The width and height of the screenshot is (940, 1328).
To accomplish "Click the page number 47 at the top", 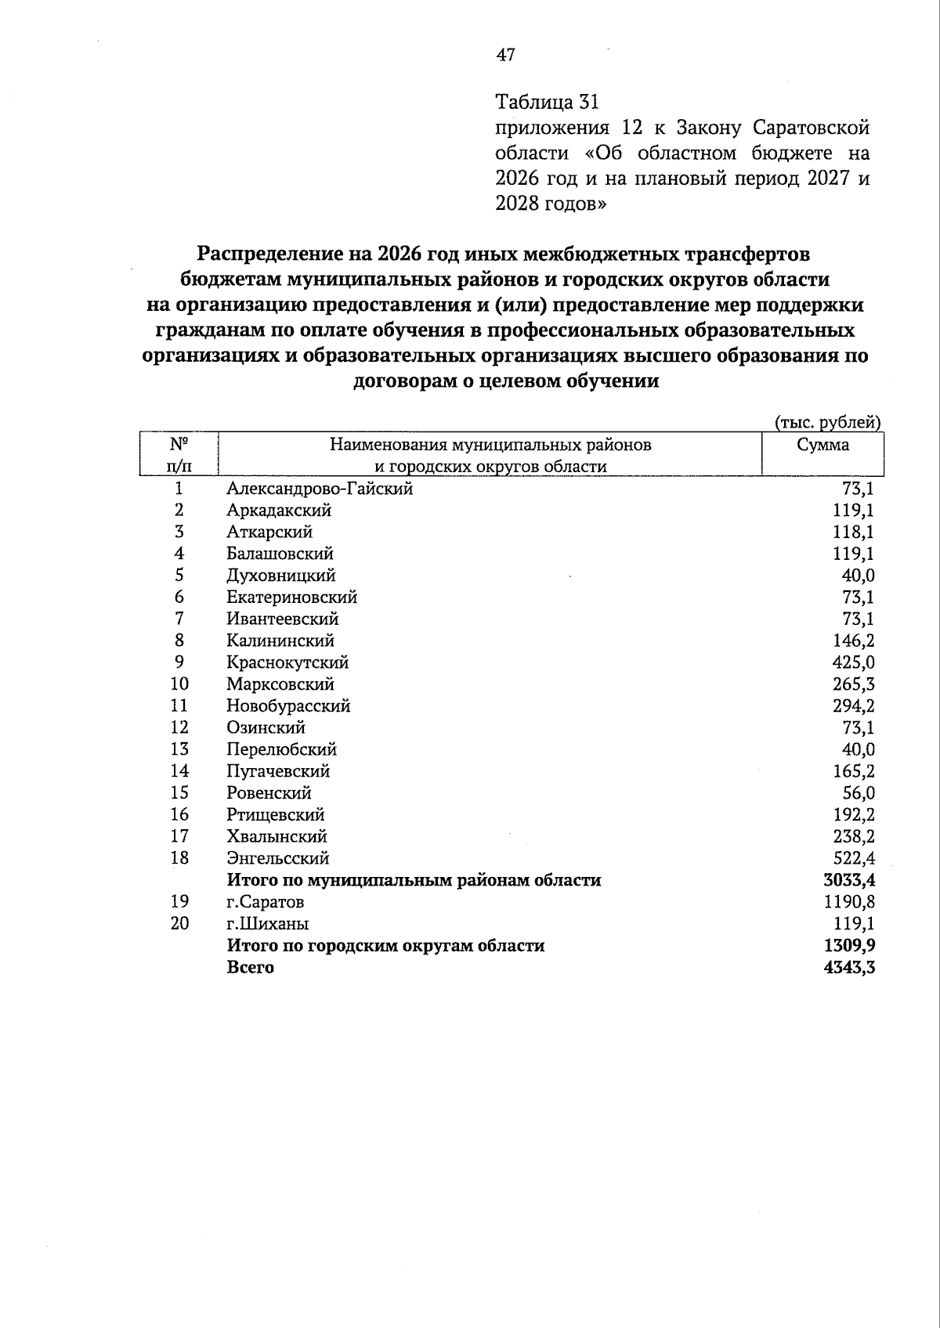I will click(x=506, y=55).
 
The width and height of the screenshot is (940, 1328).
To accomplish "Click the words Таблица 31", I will click(x=547, y=102).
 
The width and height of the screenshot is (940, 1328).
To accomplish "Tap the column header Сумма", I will click(x=822, y=445).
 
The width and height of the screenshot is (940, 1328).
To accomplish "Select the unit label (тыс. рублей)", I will click(x=828, y=423).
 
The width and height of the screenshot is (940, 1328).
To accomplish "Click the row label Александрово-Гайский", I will click(x=320, y=489).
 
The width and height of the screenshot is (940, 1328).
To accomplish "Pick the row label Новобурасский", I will click(x=288, y=706).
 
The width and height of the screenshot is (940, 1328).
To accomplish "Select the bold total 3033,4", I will click(x=849, y=880).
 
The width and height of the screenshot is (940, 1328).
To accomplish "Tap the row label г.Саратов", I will click(x=266, y=902).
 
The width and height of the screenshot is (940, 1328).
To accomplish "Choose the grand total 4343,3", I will click(x=849, y=968).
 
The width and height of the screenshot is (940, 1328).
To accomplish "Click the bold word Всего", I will click(x=251, y=968).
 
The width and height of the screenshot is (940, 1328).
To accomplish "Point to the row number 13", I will click(x=179, y=749).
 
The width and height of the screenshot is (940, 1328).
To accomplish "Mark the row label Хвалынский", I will click(x=277, y=836).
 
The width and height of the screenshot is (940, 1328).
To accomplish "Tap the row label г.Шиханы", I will click(x=268, y=924).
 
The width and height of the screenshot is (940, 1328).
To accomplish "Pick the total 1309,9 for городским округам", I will click(x=849, y=946).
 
